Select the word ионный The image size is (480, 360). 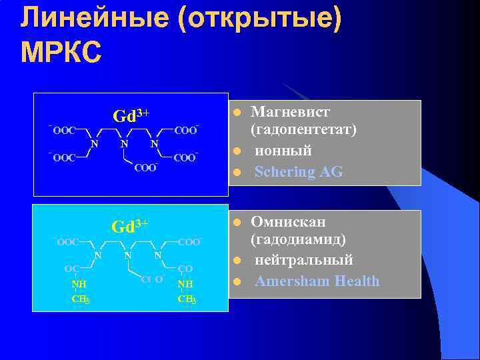284,151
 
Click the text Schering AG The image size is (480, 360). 299,172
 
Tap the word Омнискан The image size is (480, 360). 288,222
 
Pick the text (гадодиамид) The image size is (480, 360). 298,241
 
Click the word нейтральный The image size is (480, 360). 304,261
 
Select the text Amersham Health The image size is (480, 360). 317,281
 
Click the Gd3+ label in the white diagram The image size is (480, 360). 131,116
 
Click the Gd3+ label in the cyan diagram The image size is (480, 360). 130,226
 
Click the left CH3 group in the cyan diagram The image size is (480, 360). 81,299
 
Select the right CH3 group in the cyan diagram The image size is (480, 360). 186,299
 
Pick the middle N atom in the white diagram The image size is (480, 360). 123,143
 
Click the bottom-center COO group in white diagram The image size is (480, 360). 145,167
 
